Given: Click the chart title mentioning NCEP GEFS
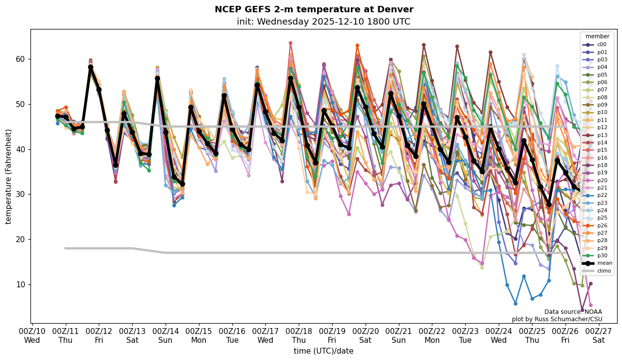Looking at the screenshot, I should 314,9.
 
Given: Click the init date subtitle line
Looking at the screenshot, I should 323,22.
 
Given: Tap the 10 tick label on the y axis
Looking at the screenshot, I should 22,284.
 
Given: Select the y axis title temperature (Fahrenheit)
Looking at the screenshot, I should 8,176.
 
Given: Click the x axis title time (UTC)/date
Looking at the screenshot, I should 323,351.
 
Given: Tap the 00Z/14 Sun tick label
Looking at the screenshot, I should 166,335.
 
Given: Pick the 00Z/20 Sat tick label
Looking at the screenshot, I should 366,335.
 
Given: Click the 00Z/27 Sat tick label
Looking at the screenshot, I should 598,335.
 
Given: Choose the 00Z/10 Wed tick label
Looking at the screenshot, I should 32,335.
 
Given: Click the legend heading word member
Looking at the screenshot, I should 597,36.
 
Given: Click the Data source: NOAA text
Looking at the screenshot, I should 573,312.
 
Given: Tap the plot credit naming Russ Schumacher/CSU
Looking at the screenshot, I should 557,319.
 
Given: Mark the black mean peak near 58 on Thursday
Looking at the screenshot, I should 90,67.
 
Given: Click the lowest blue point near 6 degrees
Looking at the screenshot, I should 515,304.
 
